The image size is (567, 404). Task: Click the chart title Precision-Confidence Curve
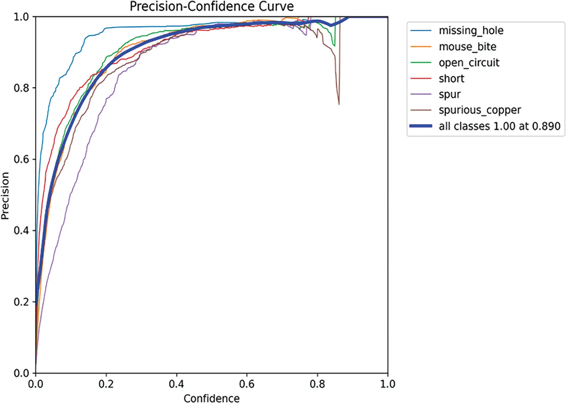pos(212,6)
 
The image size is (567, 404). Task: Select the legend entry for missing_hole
pos(471,31)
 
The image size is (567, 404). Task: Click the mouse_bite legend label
pos(468,47)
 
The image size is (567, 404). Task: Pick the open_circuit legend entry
pos(469,62)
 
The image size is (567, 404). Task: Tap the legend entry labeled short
pos(451,79)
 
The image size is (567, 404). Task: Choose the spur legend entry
pos(449,95)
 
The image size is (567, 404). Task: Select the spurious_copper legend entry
pos(480,110)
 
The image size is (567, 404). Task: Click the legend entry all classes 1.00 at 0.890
pos(499,126)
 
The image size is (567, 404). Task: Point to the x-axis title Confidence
pos(212,398)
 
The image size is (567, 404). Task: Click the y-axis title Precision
pos(5,196)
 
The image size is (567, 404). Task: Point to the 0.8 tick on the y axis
pos(21,88)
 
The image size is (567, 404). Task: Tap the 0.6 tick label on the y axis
pos(21,159)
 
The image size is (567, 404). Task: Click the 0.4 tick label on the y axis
pos(21,230)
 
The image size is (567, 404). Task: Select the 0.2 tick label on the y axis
pos(21,302)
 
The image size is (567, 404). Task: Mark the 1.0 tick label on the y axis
pos(21,17)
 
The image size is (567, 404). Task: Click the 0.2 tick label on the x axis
pos(106,384)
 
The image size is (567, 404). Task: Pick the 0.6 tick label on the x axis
pos(247,384)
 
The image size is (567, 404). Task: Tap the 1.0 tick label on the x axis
pos(387,384)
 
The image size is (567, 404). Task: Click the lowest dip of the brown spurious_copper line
pos(339,104)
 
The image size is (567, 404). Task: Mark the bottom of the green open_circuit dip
pos(334,46)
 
